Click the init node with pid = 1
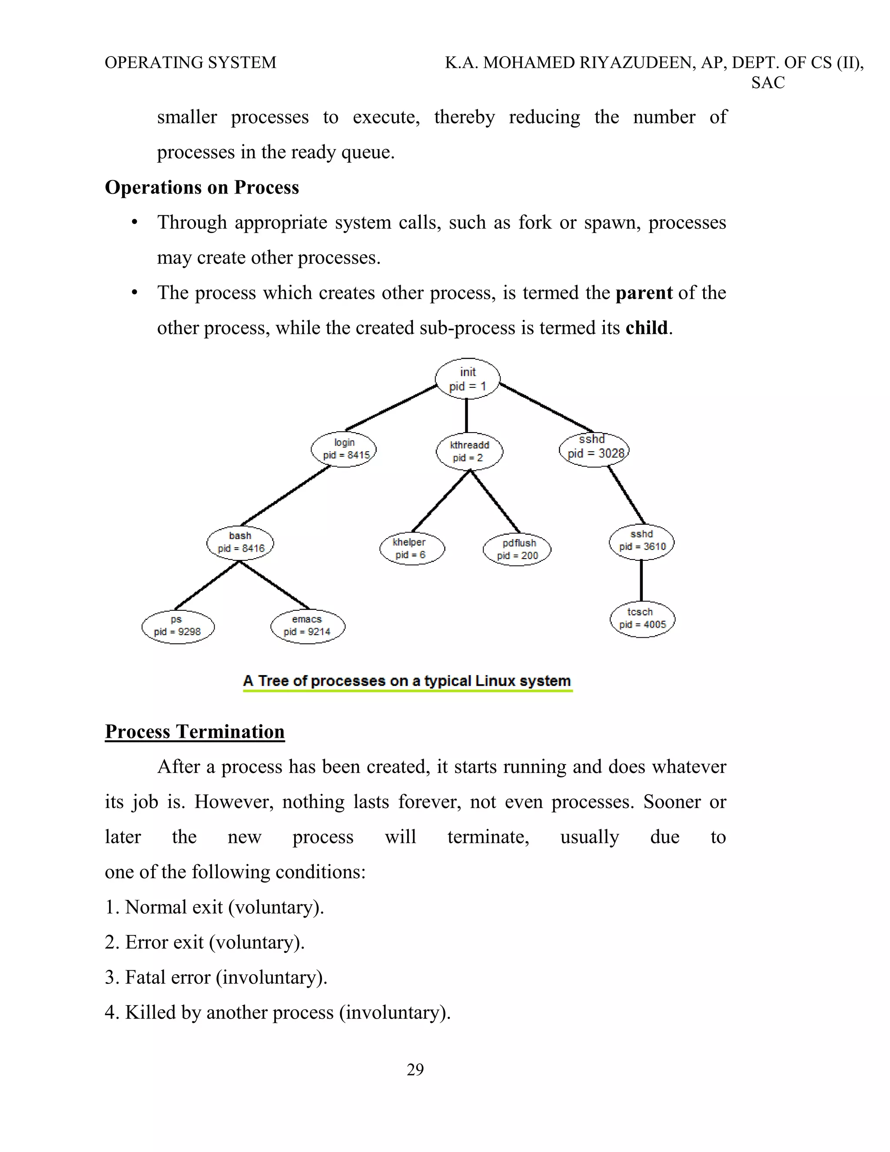[467, 379]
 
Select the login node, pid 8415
[344, 449]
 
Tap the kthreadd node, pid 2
[469, 452]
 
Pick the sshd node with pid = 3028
[594, 449]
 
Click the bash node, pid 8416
[240, 542]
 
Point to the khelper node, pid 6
[412, 549]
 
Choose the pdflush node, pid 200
[517, 549]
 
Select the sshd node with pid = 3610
[642, 541]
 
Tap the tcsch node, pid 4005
[642, 619]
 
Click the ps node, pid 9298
[178, 626]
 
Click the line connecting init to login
[391, 408]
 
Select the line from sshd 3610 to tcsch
[641, 580]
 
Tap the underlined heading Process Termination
[195, 732]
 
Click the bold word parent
[644, 293]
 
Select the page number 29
[415, 1069]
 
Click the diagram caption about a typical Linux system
[407, 681]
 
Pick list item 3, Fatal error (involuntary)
[216, 977]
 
